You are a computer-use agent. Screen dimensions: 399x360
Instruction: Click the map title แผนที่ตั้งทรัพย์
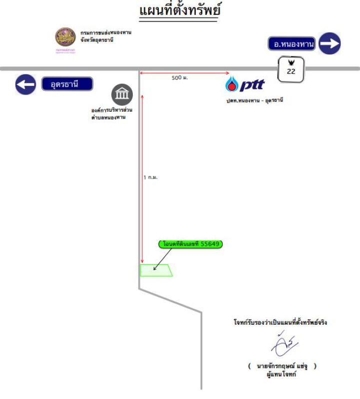click(x=180, y=10)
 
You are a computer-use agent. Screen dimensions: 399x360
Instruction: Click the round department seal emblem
click(x=65, y=37)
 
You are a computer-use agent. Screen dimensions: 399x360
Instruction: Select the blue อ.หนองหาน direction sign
click(x=292, y=44)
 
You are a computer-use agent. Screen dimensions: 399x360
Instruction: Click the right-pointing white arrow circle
click(x=330, y=44)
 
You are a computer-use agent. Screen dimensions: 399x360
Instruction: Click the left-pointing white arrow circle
click(x=25, y=84)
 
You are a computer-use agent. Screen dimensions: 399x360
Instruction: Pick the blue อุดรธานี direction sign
click(x=67, y=84)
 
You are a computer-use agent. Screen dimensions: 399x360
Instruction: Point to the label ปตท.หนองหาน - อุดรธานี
click(x=255, y=101)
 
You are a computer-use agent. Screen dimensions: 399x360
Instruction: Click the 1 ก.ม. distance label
click(x=150, y=177)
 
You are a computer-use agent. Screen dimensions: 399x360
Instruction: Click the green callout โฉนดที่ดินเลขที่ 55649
click(x=191, y=244)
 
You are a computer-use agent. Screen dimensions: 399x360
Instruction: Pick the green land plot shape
click(x=156, y=270)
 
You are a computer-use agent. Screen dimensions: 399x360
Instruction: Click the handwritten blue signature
click(x=285, y=344)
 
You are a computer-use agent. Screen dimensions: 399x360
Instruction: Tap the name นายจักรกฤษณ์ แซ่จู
click(x=282, y=366)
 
